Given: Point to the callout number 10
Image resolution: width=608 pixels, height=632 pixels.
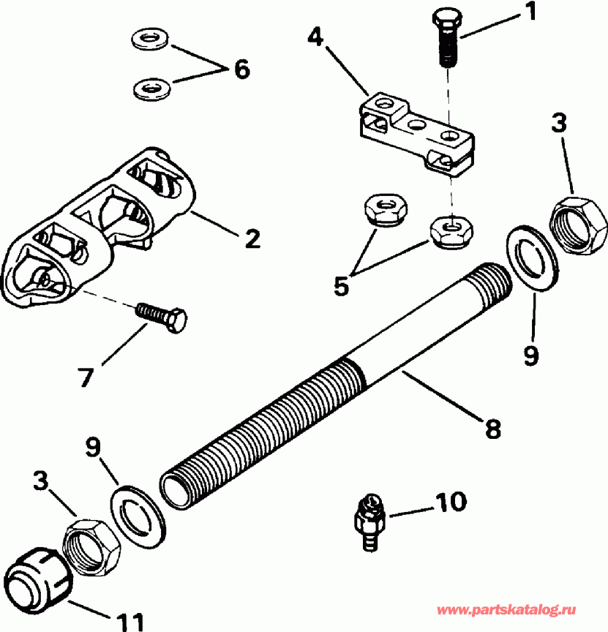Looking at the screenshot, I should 451,502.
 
